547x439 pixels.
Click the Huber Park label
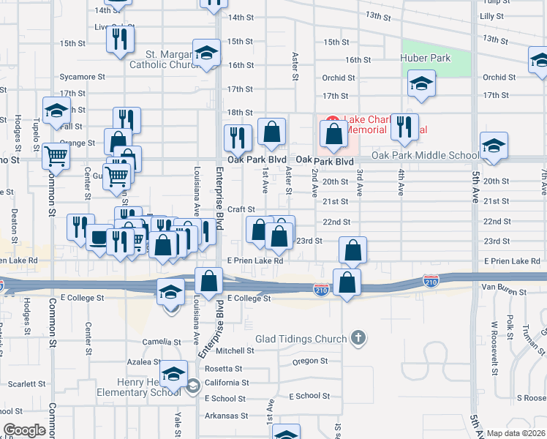pyautogui.click(x=425, y=58)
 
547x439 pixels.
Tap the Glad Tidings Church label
pyautogui.click(x=300, y=339)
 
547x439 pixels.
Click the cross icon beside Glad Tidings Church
pyautogui.click(x=357, y=337)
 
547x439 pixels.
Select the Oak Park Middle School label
pyautogui.click(x=426, y=155)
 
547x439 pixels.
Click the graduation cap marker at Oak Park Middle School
pyautogui.click(x=494, y=146)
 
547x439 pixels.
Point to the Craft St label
pyautogui.click(x=241, y=209)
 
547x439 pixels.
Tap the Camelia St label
pyautogui.click(x=162, y=342)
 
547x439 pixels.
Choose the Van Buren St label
pyautogui.click(x=504, y=292)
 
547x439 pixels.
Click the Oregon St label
pyautogui.click(x=310, y=361)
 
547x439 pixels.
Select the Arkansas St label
pyautogui.click(x=226, y=416)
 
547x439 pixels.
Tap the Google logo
pyautogui.click(x=25, y=430)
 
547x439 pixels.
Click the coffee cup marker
pyautogui.click(x=99, y=237)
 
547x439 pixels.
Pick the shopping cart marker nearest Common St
pyautogui.click(x=56, y=155)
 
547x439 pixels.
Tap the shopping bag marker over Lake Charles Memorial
pyautogui.click(x=334, y=135)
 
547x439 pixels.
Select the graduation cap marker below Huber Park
pyautogui.click(x=421, y=84)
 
